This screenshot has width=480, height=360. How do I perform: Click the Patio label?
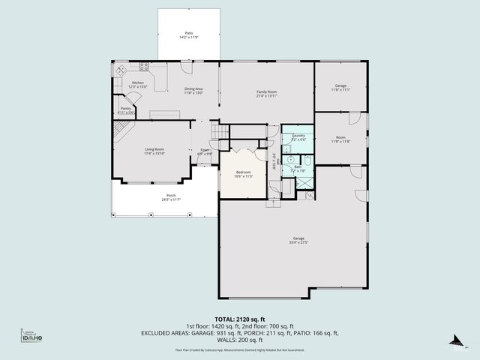coord(189,34)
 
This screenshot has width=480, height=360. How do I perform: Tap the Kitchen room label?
coord(137,85)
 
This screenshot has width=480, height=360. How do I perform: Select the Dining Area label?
coord(193,91)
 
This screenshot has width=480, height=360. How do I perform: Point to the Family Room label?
coord(267,93)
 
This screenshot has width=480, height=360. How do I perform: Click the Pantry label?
coord(126,110)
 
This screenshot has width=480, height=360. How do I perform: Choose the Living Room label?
coord(154,151)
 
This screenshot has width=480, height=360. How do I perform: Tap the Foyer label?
coord(204,152)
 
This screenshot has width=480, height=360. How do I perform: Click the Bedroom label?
coord(243,174)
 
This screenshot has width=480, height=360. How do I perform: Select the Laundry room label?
coord(298,137)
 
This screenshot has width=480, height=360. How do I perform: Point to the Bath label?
coord(298,169)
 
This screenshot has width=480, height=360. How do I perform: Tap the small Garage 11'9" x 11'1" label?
coord(340,87)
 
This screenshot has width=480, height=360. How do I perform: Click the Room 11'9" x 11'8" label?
coord(340,139)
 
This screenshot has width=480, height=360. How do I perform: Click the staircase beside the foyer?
coord(218,133)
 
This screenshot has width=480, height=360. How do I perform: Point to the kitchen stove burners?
coord(120,70)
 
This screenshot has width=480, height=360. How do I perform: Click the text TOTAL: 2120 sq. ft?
coord(239,319)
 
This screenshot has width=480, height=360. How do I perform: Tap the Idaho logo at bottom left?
coord(31,337)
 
